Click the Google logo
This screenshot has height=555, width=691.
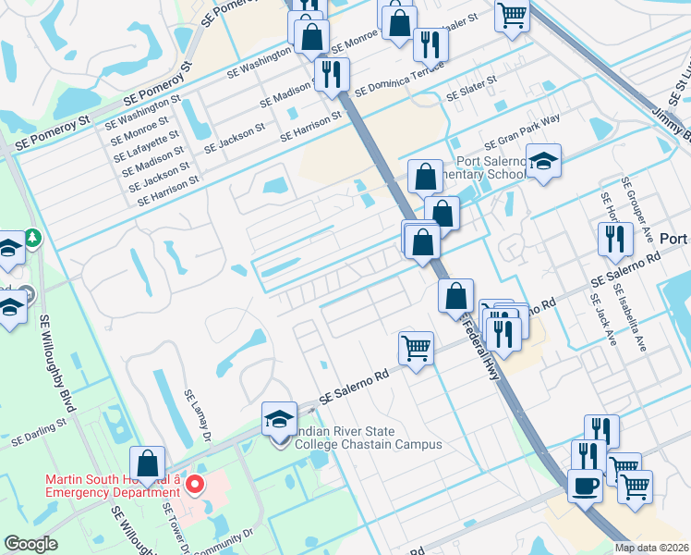click(31, 544)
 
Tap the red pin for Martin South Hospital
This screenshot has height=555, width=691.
click(194, 484)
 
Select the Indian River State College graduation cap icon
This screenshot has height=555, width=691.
click(280, 421)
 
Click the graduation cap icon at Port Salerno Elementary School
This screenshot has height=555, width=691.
click(544, 161)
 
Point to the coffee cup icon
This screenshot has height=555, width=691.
click(584, 487)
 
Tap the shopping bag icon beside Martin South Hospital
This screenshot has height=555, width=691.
click(148, 462)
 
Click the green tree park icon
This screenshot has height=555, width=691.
click(33, 238)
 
